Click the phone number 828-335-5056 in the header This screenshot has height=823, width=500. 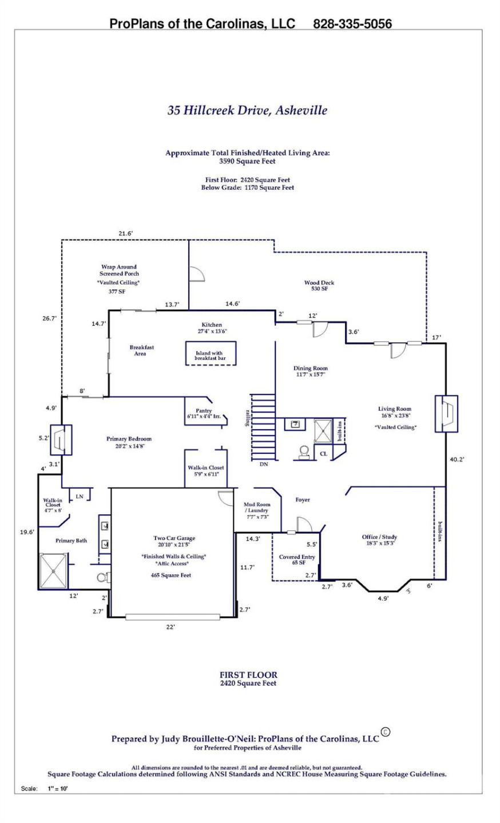352,24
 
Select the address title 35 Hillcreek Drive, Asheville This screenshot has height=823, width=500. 247,110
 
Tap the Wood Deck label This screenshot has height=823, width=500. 319,286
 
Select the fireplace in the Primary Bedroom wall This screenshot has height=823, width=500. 61,439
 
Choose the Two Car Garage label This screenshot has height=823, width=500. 174,538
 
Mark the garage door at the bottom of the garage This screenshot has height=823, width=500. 173,617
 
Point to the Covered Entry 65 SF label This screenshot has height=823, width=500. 297,560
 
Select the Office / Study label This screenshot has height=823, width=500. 379,540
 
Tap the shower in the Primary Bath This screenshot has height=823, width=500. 53,570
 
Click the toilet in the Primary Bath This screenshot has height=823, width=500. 103,577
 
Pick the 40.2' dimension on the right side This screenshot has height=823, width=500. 457,459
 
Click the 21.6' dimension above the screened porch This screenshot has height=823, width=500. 125,233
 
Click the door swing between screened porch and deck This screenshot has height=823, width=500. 196,274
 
